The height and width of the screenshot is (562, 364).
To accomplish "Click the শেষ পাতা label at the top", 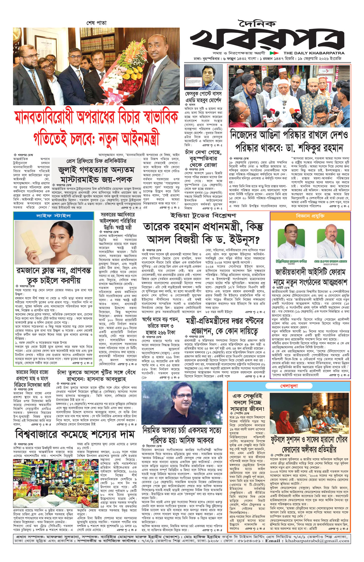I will pyautogui.click(x=96, y=23).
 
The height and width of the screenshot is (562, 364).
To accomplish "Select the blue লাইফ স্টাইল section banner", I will pyautogui.click(x=53, y=216).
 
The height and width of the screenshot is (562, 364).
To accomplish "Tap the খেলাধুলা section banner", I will pyautogui.click(x=289, y=386).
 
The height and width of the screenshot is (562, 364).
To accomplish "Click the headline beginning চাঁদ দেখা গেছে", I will pyautogui.click(x=203, y=158).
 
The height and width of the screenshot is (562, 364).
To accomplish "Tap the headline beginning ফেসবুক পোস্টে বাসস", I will pyautogui.click(x=203, y=97).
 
